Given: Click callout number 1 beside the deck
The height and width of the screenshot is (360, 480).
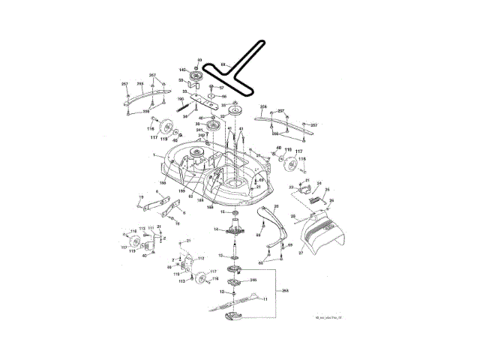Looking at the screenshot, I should point(154,154).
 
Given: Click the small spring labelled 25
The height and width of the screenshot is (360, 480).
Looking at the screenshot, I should point(322,199).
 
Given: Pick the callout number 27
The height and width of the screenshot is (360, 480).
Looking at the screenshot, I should point(302,254).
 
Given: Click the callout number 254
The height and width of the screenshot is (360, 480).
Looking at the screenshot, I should point(263,108).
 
